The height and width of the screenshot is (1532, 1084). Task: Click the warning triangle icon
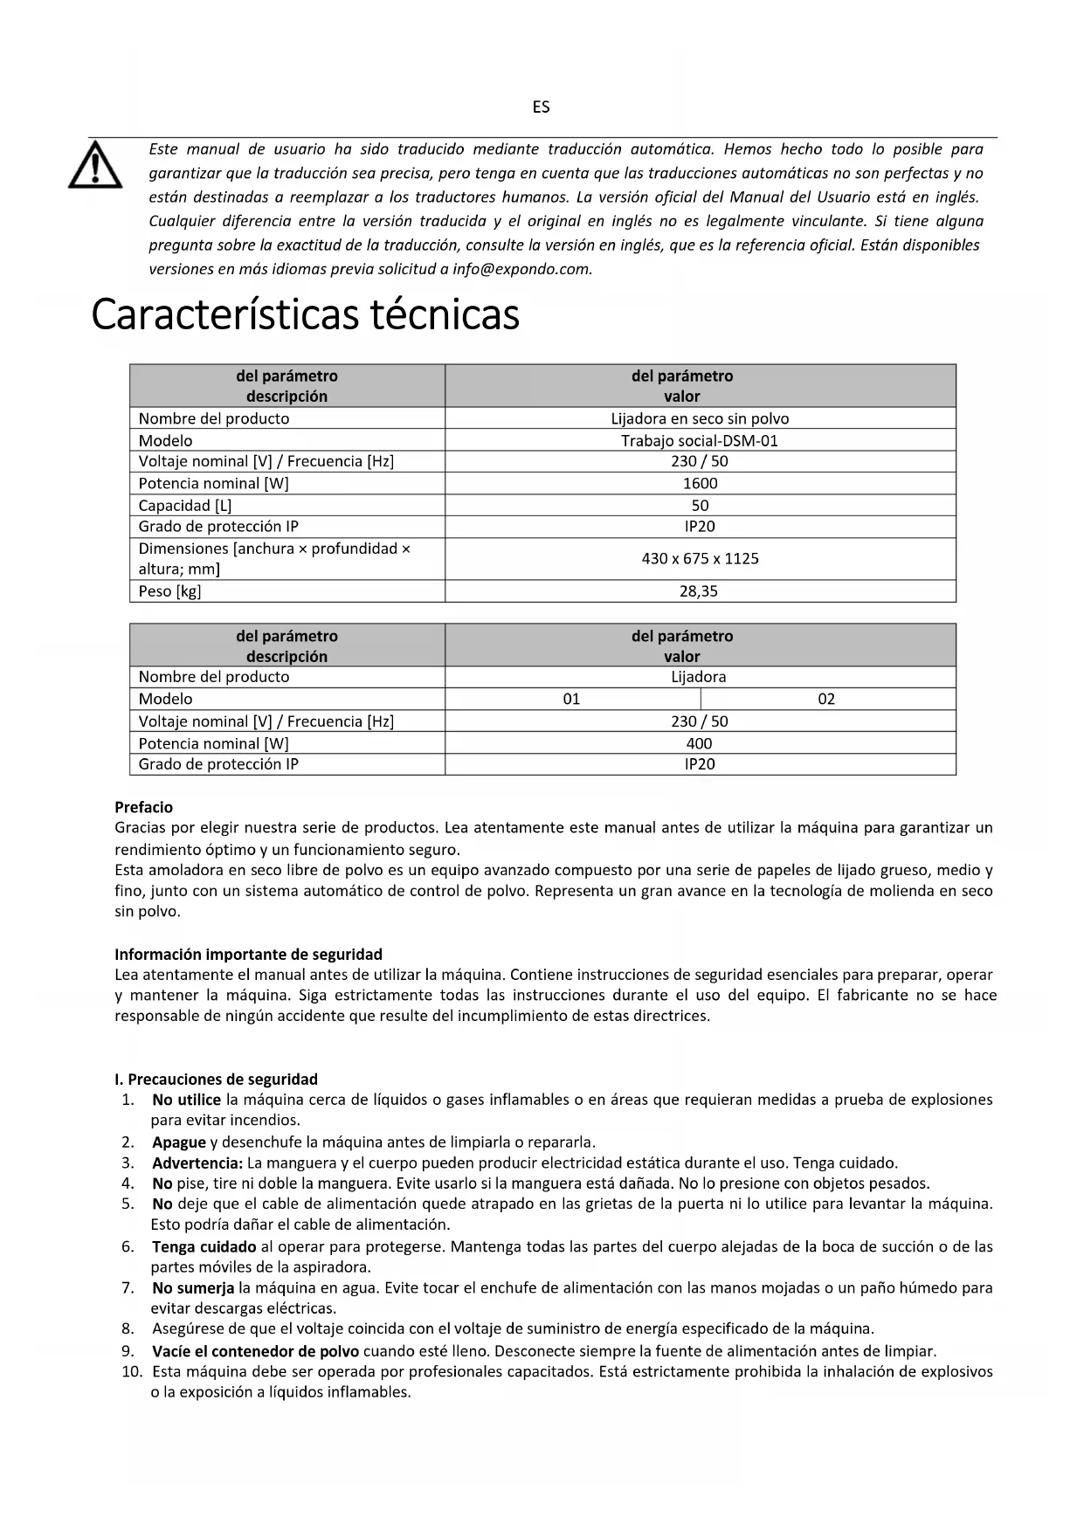click(95, 166)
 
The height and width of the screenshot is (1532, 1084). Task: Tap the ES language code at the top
click(541, 107)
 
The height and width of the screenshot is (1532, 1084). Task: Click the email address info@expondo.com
click(521, 269)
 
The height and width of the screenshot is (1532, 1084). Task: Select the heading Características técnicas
click(305, 315)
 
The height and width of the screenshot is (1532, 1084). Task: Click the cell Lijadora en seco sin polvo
click(700, 418)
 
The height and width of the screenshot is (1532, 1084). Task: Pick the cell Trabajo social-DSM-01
click(700, 440)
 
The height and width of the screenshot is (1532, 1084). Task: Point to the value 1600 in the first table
click(700, 483)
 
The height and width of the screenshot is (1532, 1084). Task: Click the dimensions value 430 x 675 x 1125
click(700, 558)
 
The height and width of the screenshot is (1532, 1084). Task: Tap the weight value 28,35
click(700, 591)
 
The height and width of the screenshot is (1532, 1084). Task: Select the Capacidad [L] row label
click(185, 505)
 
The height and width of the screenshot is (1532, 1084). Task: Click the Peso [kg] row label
click(169, 591)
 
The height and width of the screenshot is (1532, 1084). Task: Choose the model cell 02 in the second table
click(826, 699)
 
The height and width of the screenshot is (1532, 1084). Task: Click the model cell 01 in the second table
click(572, 699)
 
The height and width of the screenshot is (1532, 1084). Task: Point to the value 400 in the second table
click(700, 743)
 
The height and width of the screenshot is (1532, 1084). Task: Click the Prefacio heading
click(144, 807)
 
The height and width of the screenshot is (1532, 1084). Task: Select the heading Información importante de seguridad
click(249, 954)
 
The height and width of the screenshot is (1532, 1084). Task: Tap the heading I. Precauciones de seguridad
click(217, 1079)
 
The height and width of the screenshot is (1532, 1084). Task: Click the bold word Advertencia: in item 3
click(197, 1163)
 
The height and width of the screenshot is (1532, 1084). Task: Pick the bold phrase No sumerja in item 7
click(193, 1287)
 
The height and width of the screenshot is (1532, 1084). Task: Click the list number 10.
click(132, 1371)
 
